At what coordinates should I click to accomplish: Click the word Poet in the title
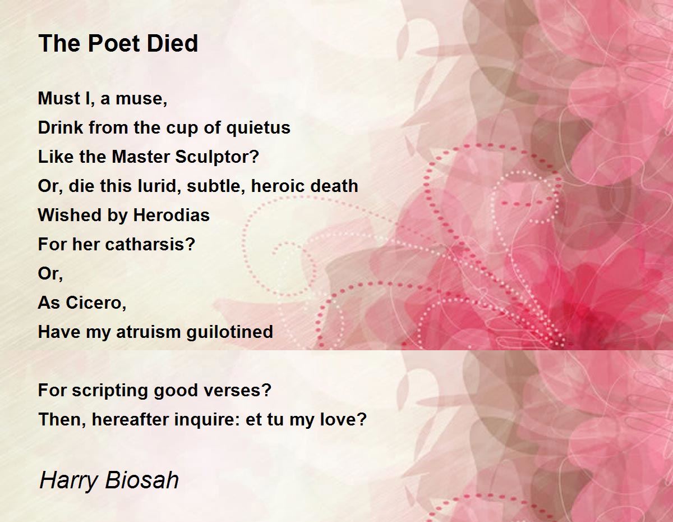[113, 43]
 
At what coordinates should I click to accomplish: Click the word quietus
[258, 128]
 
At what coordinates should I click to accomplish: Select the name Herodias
[171, 215]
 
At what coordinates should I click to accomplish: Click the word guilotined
[229, 332]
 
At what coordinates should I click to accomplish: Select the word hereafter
[130, 419]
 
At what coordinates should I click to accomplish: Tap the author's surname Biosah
[142, 480]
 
